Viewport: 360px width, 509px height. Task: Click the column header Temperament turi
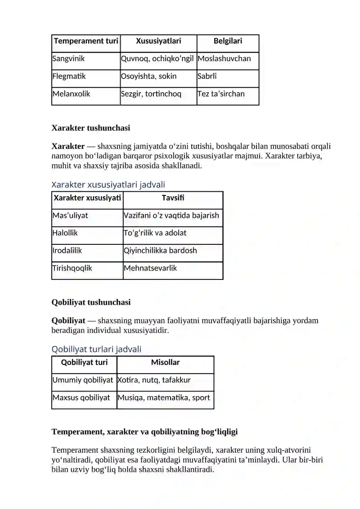click(x=86, y=41)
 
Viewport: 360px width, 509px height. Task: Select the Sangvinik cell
click(x=68, y=59)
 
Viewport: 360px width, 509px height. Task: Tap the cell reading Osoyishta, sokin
click(x=148, y=76)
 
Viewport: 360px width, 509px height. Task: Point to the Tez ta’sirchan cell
click(x=221, y=94)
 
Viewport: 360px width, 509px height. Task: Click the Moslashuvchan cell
click(x=224, y=59)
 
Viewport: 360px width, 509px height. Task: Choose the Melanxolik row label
click(x=71, y=94)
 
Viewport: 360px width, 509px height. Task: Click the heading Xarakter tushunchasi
click(x=91, y=128)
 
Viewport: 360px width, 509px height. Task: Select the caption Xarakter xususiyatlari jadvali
click(x=108, y=185)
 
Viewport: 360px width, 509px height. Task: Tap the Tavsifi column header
click(x=173, y=198)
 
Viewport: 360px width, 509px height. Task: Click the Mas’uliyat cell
click(x=70, y=216)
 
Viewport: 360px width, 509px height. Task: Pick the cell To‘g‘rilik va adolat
click(x=155, y=233)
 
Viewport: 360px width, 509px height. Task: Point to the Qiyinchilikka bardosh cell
click(x=160, y=251)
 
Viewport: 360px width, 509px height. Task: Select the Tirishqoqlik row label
click(x=72, y=268)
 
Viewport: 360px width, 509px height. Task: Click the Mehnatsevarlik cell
click(x=150, y=268)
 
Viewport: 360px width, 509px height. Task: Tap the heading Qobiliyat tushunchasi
click(x=91, y=302)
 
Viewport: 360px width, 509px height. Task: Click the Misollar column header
click(x=165, y=363)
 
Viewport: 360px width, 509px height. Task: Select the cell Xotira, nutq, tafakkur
click(x=154, y=380)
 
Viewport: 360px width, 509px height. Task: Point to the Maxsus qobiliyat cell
click(x=81, y=398)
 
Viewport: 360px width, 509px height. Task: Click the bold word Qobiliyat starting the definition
click(x=68, y=321)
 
